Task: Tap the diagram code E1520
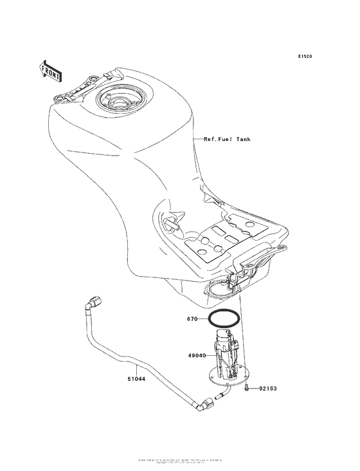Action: (x=305, y=57)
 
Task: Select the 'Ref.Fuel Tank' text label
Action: (x=227, y=139)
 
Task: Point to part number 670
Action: (x=192, y=319)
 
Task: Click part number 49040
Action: (x=198, y=355)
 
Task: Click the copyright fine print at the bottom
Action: (x=180, y=462)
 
